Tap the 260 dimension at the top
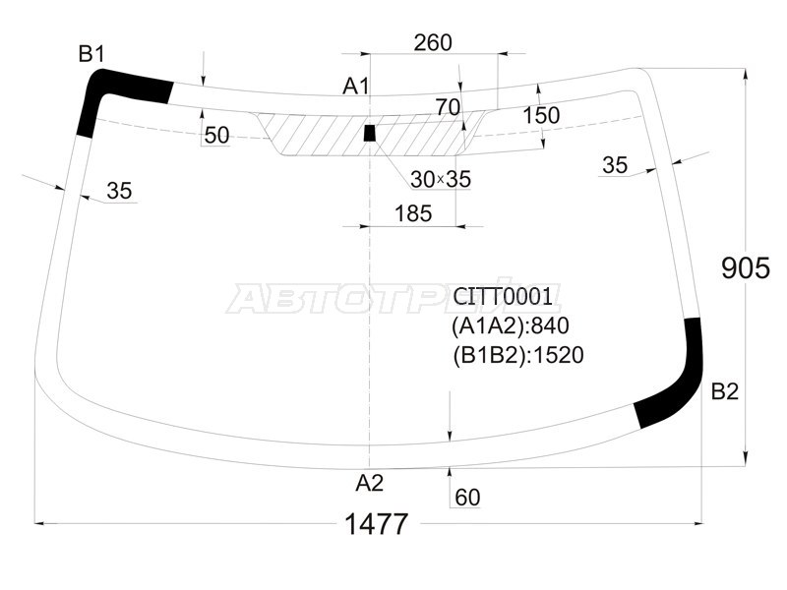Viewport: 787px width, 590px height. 433,42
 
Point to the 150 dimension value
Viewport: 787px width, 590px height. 541,115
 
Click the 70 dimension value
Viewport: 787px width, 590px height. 448,106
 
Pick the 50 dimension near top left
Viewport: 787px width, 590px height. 217,136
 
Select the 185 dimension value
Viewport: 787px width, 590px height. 413,213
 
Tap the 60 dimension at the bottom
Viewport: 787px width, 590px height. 468,499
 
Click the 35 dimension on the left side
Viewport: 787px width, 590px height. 119,191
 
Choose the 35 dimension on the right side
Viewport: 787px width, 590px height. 615,165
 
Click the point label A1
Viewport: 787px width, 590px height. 355,87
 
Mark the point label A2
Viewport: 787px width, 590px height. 369,482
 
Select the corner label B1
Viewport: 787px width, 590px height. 91,54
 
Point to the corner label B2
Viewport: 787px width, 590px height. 724,391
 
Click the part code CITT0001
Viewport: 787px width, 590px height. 503,296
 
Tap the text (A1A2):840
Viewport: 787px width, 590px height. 511,325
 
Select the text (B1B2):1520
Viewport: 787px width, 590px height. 518,355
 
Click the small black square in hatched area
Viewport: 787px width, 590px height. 370,132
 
